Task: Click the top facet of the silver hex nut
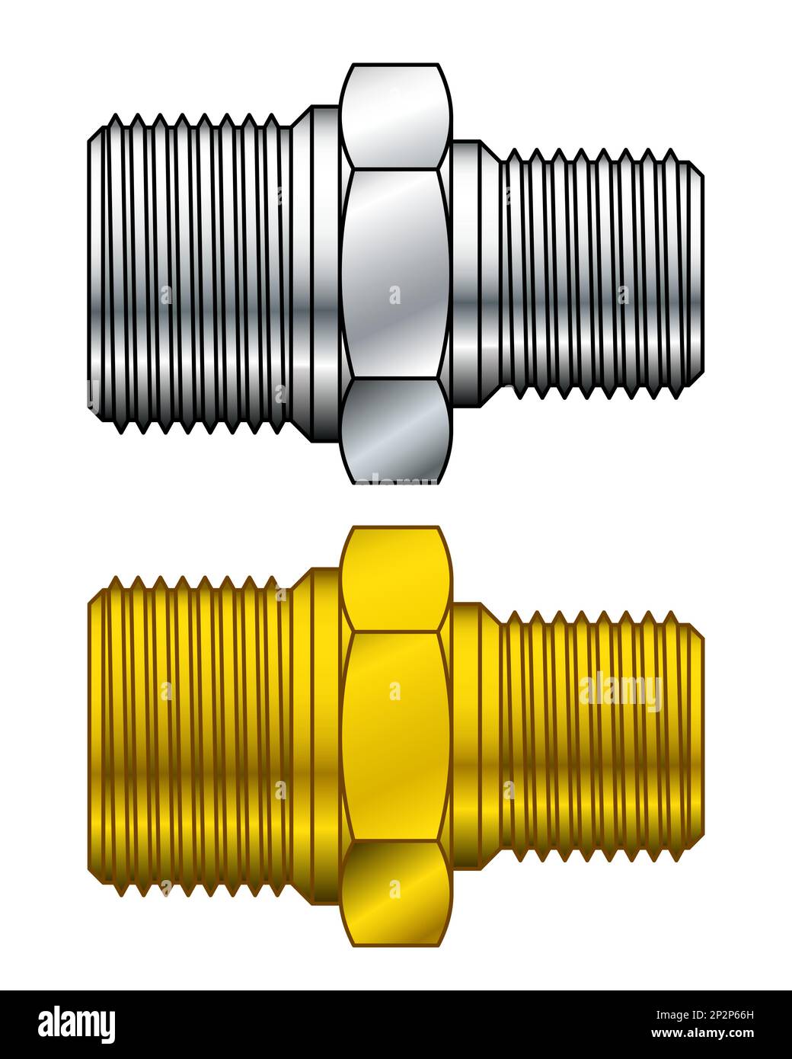point(394,114)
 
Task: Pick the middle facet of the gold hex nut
point(394,735)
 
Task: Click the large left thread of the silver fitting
point(190,274)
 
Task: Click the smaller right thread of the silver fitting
point(594,274)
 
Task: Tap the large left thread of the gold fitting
point(190,735)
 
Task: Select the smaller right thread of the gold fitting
point(594,735)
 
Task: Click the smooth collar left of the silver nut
point(320,274)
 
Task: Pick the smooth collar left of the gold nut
point(320,735)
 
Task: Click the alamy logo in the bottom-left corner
point(77,1024)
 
